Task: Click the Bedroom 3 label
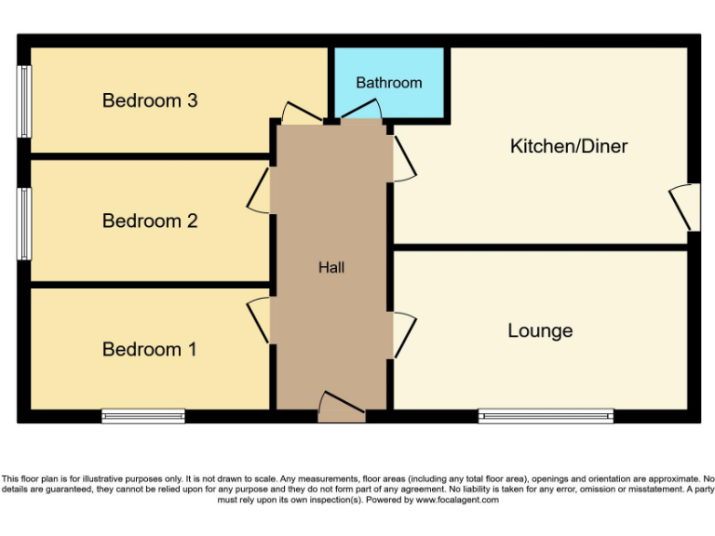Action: [150, 100]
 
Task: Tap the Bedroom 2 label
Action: [150, 221]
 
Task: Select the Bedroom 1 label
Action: [150, 350]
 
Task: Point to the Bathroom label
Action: [389, 83]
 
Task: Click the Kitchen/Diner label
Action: [569, 146]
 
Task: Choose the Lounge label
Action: [540, 331]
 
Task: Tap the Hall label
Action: [331, 268]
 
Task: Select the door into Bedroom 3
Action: [301, 114]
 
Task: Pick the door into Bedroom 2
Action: [260, 190]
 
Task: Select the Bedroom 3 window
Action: [23, 101]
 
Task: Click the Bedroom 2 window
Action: [23, 223]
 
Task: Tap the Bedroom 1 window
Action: [143, 416]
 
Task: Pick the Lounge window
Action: [546, 416]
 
